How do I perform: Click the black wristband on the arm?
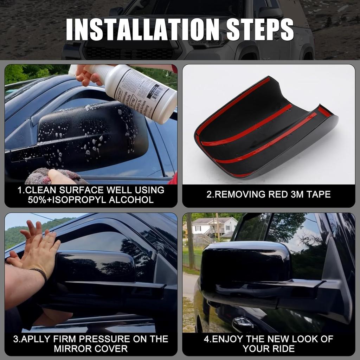tap(39, 273)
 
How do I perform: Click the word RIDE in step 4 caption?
tap(282, 349)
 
